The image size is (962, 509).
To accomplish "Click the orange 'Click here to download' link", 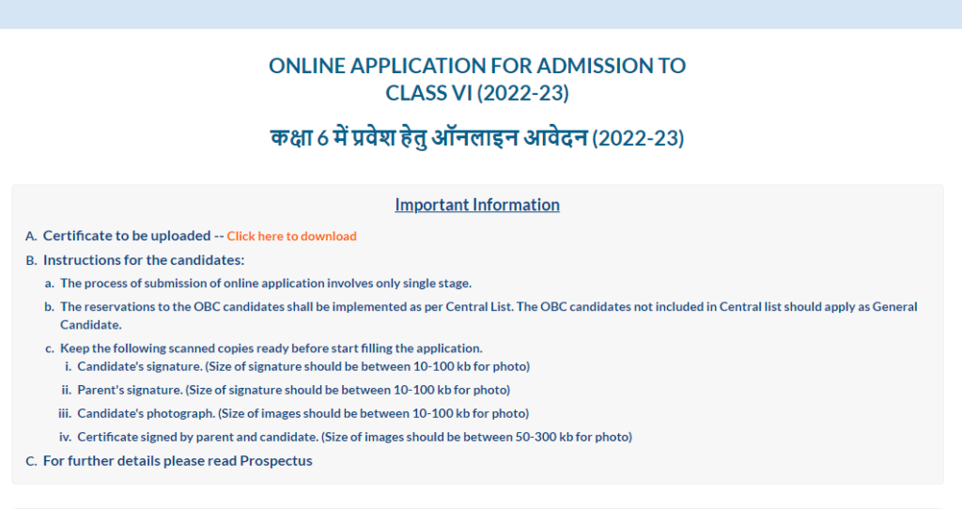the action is [291, 236].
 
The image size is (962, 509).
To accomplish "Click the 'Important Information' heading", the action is [477, 205].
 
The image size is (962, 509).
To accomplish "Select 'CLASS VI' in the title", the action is [428, 93].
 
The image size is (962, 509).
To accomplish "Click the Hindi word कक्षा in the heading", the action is [291, 137].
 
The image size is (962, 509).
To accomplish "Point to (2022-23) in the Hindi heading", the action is [638, 138].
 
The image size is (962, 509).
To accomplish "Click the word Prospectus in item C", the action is [276, 461].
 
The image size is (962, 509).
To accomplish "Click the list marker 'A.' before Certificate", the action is [31, 236].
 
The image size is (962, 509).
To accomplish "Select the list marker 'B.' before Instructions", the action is [31, 261].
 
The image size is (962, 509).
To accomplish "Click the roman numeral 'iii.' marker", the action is [65, 414].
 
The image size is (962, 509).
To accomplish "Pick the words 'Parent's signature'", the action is [130, 391].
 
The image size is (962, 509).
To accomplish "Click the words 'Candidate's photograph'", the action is [146, 414].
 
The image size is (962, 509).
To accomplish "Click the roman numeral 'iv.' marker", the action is [65, 438].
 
